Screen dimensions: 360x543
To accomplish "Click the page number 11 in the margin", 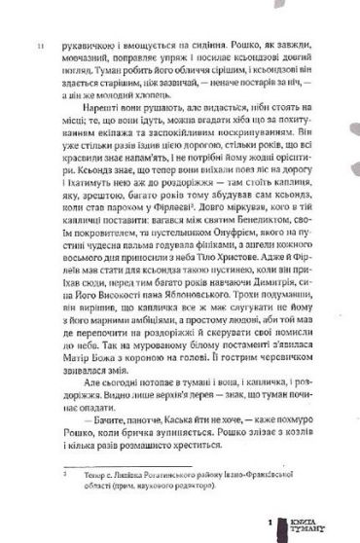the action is tap(39, 47).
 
